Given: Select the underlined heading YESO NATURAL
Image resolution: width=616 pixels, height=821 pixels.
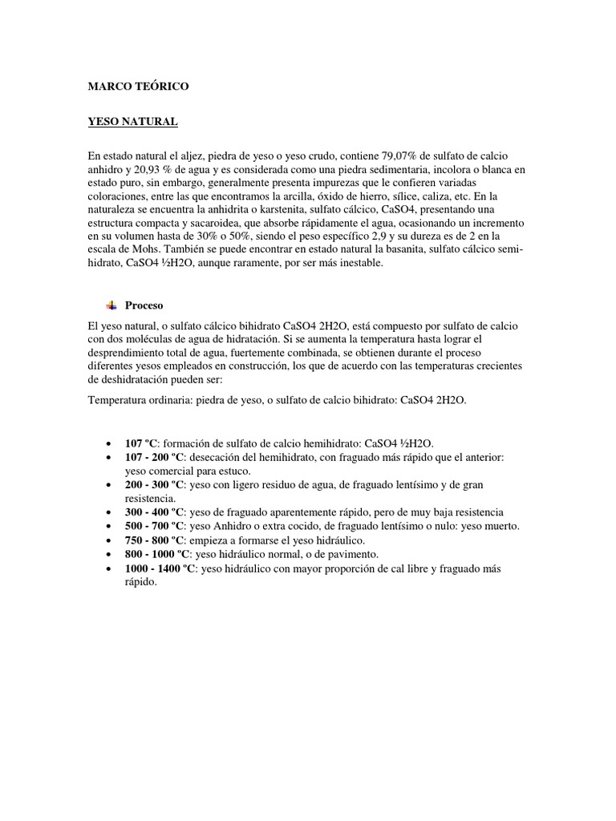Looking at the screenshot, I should point(132,121).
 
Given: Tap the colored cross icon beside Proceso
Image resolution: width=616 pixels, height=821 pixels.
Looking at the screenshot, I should point(111,305).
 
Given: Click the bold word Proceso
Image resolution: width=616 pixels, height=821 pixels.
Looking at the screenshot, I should point(144,305).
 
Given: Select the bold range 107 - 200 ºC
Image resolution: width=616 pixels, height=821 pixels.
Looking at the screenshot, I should point(154,457).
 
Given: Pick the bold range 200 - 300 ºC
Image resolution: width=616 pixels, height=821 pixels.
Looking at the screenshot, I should point(154,485).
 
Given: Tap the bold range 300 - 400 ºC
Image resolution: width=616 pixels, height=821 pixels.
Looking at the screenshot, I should point(154,512).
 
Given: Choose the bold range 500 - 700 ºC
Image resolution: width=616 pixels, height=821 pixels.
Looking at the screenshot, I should point(154,526).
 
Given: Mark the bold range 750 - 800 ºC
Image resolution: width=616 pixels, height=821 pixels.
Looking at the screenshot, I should point(154,540).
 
